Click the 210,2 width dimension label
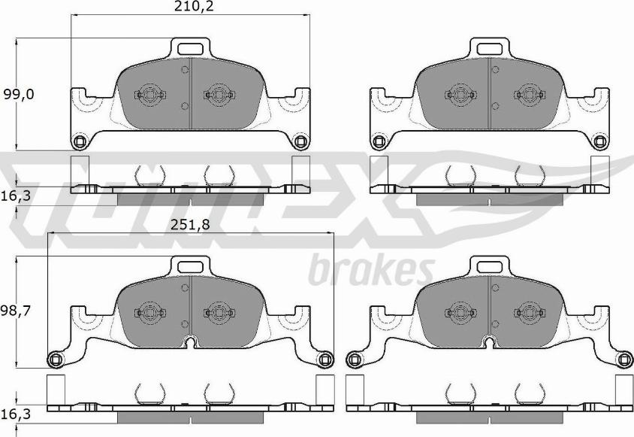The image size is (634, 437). (194, 7)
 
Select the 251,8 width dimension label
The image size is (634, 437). (190, 225)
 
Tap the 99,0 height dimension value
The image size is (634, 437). (19, 95)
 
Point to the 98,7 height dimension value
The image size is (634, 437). (16, 311)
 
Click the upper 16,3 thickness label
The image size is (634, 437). (16, 196)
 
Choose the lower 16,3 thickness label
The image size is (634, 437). (16, 414)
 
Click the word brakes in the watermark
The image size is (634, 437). (372, 270)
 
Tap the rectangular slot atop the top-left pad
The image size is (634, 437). (190, 49)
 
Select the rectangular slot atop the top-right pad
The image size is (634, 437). (490, 49)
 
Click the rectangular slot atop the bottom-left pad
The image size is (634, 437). (190, 266)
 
